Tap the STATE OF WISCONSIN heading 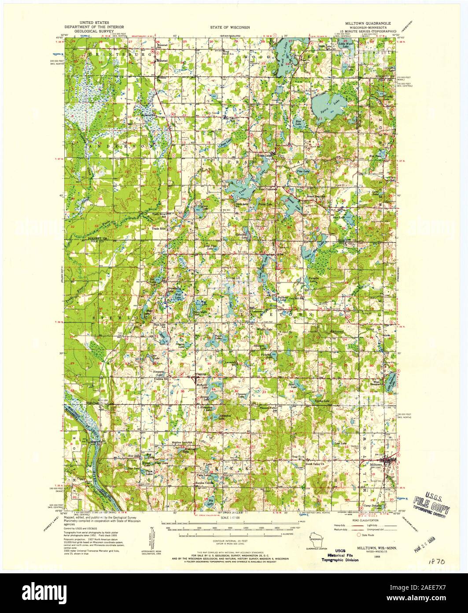coord(230,27)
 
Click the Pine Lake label coord(302,171)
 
